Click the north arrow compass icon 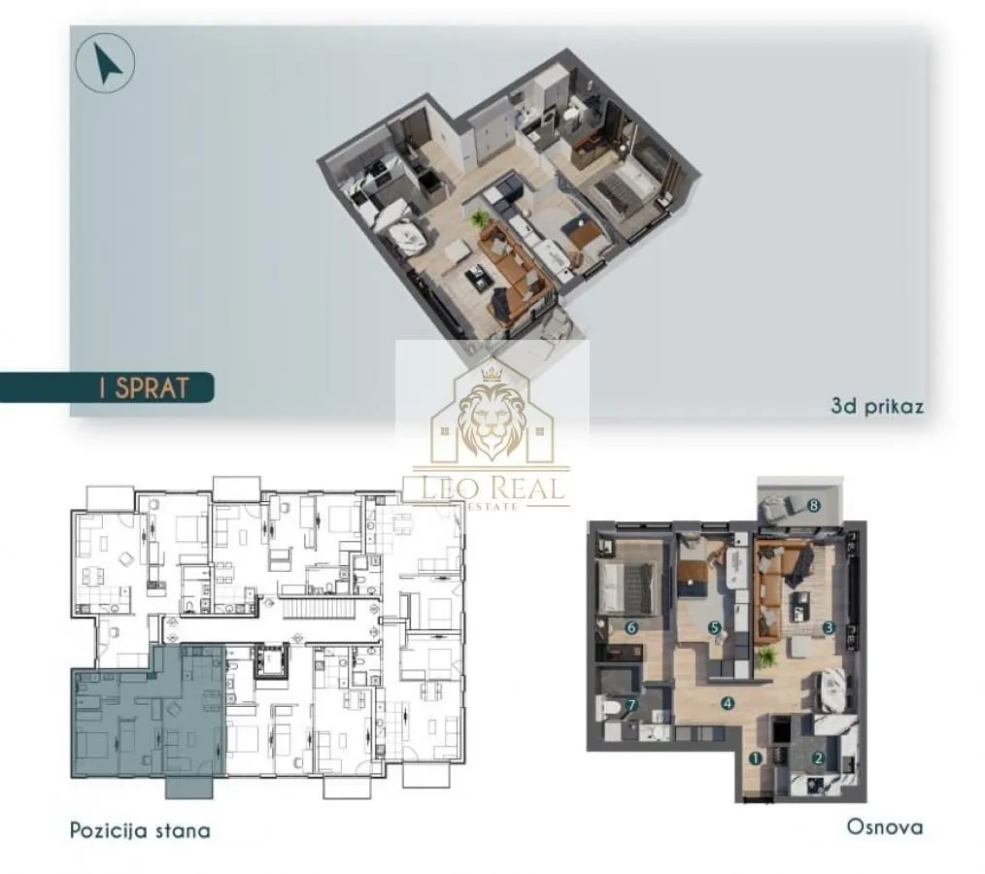(x=104, y=64)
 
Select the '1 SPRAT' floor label (x=143, y=387)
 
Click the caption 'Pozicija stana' (x=140, y=830)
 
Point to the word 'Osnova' (x=884, y=827)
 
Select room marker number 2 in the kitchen (x=818, y=758)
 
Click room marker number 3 (x=828, y=627)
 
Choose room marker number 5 (x=714, y=627)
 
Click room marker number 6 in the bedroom (x=630, y=627)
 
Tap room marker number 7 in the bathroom (x=630, y=705)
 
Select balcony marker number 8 (x=814, y=505)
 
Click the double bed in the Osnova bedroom (x=621, y=585)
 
